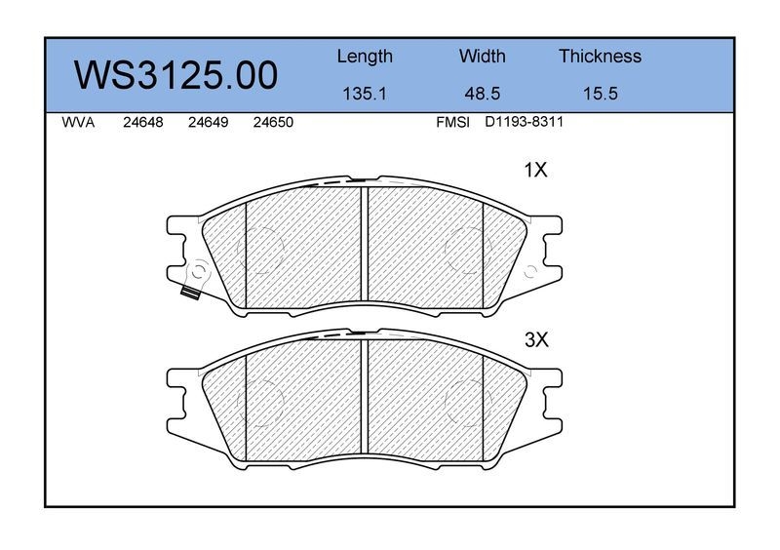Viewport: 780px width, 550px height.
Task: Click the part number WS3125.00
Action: (x=175, y=76)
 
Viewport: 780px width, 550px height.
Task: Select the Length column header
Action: (x=365, y=57)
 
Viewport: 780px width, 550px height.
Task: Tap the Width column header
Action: (x=482, y=57)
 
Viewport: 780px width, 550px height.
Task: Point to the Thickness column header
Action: (x=600, y=57)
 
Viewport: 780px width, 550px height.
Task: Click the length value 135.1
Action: (x=365, y=94)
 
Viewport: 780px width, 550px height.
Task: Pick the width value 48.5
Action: (x=482, y=94)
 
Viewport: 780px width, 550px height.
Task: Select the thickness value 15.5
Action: (x=600, y=94)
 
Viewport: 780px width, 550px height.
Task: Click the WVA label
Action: (x=78, y=123)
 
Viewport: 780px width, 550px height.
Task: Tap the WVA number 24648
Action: (x=142, y=123)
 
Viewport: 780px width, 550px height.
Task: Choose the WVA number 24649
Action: (x=208, y=123)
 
